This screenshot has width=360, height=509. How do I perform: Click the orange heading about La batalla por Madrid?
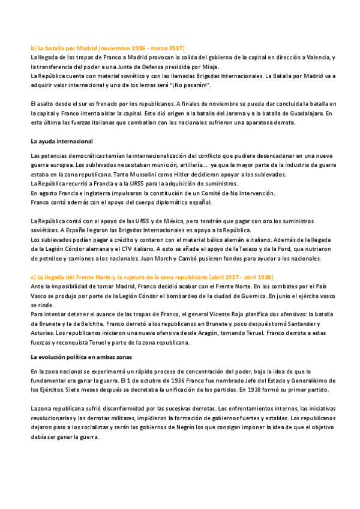coord(107,47)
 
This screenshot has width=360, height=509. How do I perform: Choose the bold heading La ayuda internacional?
coord(61,141)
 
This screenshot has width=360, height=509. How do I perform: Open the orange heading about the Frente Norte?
coord(152,277)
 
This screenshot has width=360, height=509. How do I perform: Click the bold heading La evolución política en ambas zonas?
coord(81,357)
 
